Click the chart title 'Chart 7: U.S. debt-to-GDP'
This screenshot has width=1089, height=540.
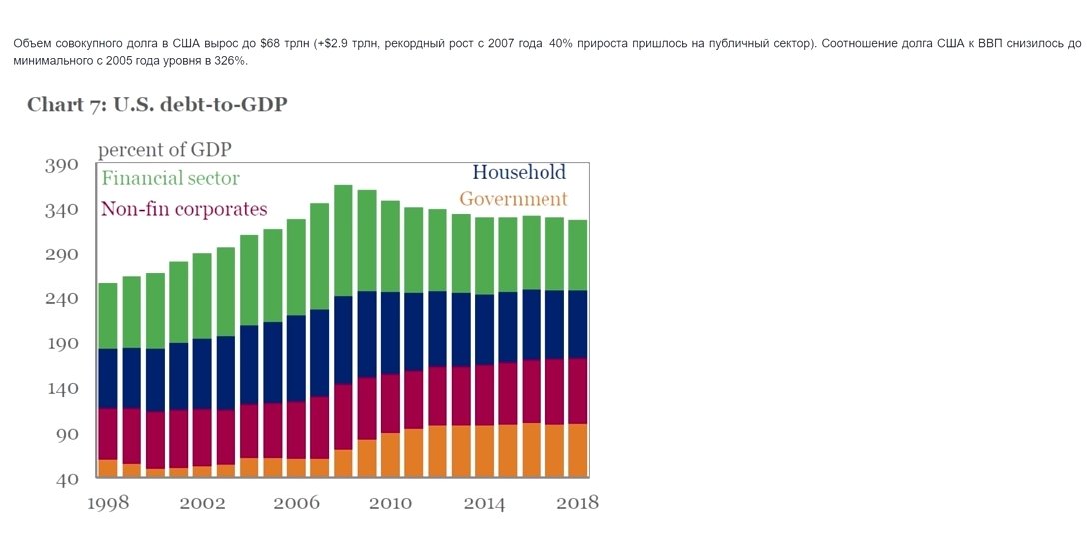click(157, 104)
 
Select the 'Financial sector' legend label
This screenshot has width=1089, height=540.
click(170, 179)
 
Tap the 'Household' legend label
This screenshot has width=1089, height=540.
click(519, 172)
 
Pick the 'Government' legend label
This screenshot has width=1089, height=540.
click(513, 199)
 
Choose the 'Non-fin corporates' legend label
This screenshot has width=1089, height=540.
click(184, 209)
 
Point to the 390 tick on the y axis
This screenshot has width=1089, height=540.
click(61, 165)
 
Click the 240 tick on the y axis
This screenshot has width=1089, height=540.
click(61, 299)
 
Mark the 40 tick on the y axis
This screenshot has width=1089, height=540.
click(66, 479)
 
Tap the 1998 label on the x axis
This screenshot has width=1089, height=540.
click(108, 503)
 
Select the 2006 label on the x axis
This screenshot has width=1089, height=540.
click(296, 503)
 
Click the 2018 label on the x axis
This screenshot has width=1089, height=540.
click(576, 503)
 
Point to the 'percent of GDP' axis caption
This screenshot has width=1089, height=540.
click(166, 150)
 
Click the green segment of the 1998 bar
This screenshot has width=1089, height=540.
click(108, 315)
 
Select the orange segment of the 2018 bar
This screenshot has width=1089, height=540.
click(577, 450)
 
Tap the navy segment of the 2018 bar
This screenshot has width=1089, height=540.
click(577, 324)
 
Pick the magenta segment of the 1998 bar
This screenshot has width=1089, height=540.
click(108, 434)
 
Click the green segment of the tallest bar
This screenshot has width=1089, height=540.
click(343, 240)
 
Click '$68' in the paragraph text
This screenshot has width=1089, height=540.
click(270, 45)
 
